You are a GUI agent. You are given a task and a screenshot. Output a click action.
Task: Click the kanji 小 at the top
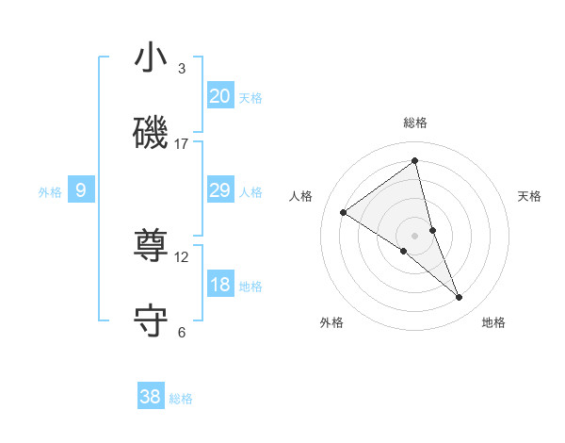[x=151, y=58]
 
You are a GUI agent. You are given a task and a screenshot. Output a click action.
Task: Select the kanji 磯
[x=151, y=133]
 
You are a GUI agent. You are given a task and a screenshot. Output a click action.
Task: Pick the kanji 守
[x=151, y=321]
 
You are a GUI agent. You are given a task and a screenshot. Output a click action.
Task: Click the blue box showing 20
[x=219, y=96]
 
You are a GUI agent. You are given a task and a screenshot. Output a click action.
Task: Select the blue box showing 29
[x=219, y=190]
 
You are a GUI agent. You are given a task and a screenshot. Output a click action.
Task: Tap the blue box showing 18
[x=219, y=285]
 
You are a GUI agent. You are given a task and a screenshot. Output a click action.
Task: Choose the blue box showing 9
[x=81, y=190]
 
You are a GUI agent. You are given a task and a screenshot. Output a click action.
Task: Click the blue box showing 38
[x=151, y=397]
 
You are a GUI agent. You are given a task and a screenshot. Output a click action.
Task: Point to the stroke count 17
[x=182, y=144]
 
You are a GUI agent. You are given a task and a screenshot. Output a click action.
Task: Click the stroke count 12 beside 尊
[x=182, y=257]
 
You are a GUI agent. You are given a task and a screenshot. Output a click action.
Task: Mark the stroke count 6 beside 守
[x=182, y=333]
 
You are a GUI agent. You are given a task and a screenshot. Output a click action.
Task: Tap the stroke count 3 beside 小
[x=182, y=69]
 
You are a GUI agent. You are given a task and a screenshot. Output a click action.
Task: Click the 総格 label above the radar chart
[x=415, y=123]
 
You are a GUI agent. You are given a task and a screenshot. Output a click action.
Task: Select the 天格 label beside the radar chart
[x=530, y=196]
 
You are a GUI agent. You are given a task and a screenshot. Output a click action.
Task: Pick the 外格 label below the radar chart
[x=331, y=322]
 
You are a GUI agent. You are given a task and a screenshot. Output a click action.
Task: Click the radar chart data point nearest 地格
[x=460, y=298]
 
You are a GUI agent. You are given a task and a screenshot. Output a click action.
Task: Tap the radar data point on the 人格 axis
[x=344, y=212]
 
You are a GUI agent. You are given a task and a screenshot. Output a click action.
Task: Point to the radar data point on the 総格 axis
[x=415, y=161]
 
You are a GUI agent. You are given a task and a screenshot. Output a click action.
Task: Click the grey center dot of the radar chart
[x=415, y=235]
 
